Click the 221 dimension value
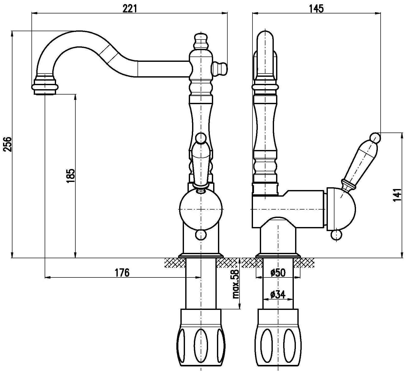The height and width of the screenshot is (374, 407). pos(130,9)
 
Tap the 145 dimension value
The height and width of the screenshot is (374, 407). pos(317,9)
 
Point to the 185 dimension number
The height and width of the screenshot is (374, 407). pos(71,176)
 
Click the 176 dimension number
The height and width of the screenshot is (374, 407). pos(122,273)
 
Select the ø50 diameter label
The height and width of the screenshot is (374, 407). pos(278,273)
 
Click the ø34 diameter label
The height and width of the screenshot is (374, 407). pos(278,294)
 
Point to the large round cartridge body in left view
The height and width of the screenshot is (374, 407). pos(201,209)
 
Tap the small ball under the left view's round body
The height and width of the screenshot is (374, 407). pos(201,235)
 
